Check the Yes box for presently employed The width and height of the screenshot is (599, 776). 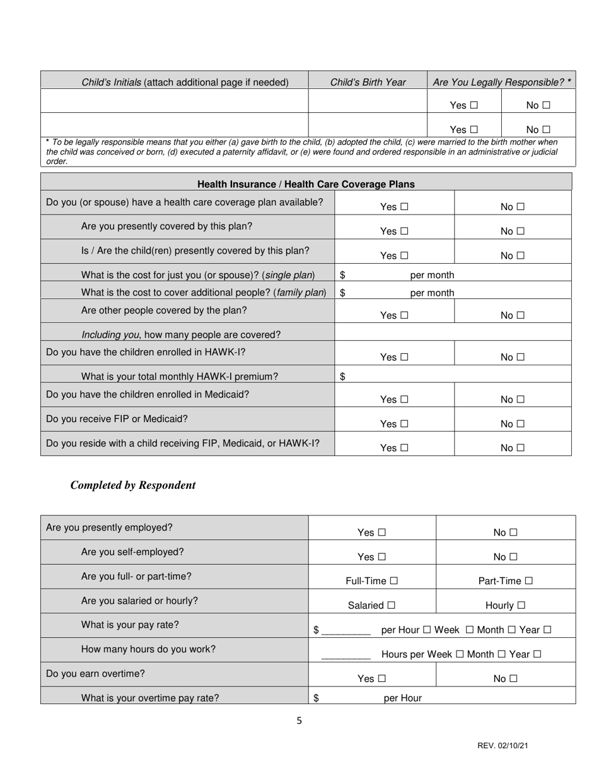(x=381, y=532)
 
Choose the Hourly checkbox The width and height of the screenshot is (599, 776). (x=521, y=606)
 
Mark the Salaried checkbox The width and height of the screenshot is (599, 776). (x=392, y=606)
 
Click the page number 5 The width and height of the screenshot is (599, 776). (x=299, y=720)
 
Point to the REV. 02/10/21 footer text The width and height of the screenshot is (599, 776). (x=503, y=746)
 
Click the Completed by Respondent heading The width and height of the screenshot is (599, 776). (x=133, y=485)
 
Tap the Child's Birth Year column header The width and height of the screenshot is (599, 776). (x=368, y=82)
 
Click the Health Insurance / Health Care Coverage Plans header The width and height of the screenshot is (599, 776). (x=306, y=184)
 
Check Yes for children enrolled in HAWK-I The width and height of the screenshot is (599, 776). (x=404, y=357)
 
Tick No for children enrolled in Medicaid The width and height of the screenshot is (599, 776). (x=520, y=399)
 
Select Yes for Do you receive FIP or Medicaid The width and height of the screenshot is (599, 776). (x=404, y=424)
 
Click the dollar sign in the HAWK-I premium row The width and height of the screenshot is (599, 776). (x=342, y=377)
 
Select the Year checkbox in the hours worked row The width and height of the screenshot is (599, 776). (x=537, y=654)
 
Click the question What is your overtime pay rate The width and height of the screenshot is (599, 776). (x=150, y=698)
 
